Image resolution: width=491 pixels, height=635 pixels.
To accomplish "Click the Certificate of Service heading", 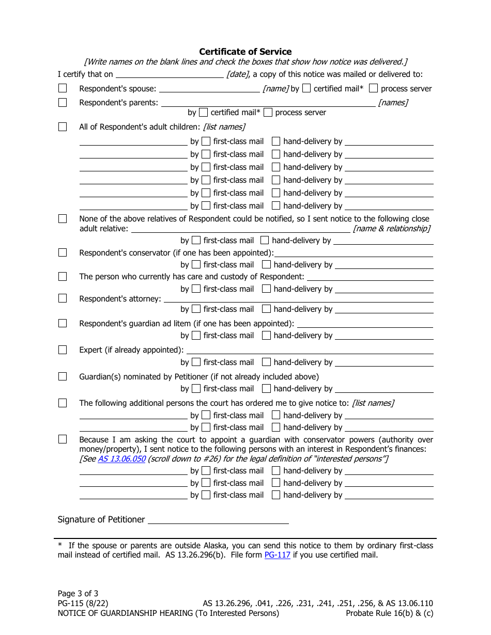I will coord(245,52).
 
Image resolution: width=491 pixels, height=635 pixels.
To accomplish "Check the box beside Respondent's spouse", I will coord(63,88).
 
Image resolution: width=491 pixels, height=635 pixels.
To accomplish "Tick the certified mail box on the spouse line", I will coord(306,88).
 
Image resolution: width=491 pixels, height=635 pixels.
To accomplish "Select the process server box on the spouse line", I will coord(374,88).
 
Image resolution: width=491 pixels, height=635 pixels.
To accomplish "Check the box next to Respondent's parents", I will coord(63,102).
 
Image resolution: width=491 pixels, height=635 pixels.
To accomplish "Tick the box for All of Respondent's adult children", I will coord(63,126).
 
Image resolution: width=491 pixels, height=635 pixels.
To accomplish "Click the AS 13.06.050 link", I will coord(121,458).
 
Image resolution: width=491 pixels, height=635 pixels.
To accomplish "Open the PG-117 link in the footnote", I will coord(278,555).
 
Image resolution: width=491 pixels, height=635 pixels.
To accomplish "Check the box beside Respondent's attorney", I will coord(63,298).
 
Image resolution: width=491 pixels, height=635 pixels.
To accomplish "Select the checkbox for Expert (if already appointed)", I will coord(63,350).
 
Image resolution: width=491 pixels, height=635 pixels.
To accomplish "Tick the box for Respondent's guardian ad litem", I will coord(63,323).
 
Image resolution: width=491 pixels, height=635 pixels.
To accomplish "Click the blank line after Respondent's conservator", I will coord(354,253).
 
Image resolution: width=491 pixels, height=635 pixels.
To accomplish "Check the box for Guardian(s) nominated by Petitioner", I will coord(63,376).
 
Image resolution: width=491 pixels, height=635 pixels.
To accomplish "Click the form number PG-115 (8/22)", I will coord(83,603).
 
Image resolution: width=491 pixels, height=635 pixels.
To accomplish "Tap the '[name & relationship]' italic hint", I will coord(391,228).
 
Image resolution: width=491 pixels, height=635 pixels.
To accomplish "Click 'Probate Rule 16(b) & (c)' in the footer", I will coord(390,613).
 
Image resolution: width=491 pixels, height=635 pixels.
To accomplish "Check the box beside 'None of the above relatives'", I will coord(63,218).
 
